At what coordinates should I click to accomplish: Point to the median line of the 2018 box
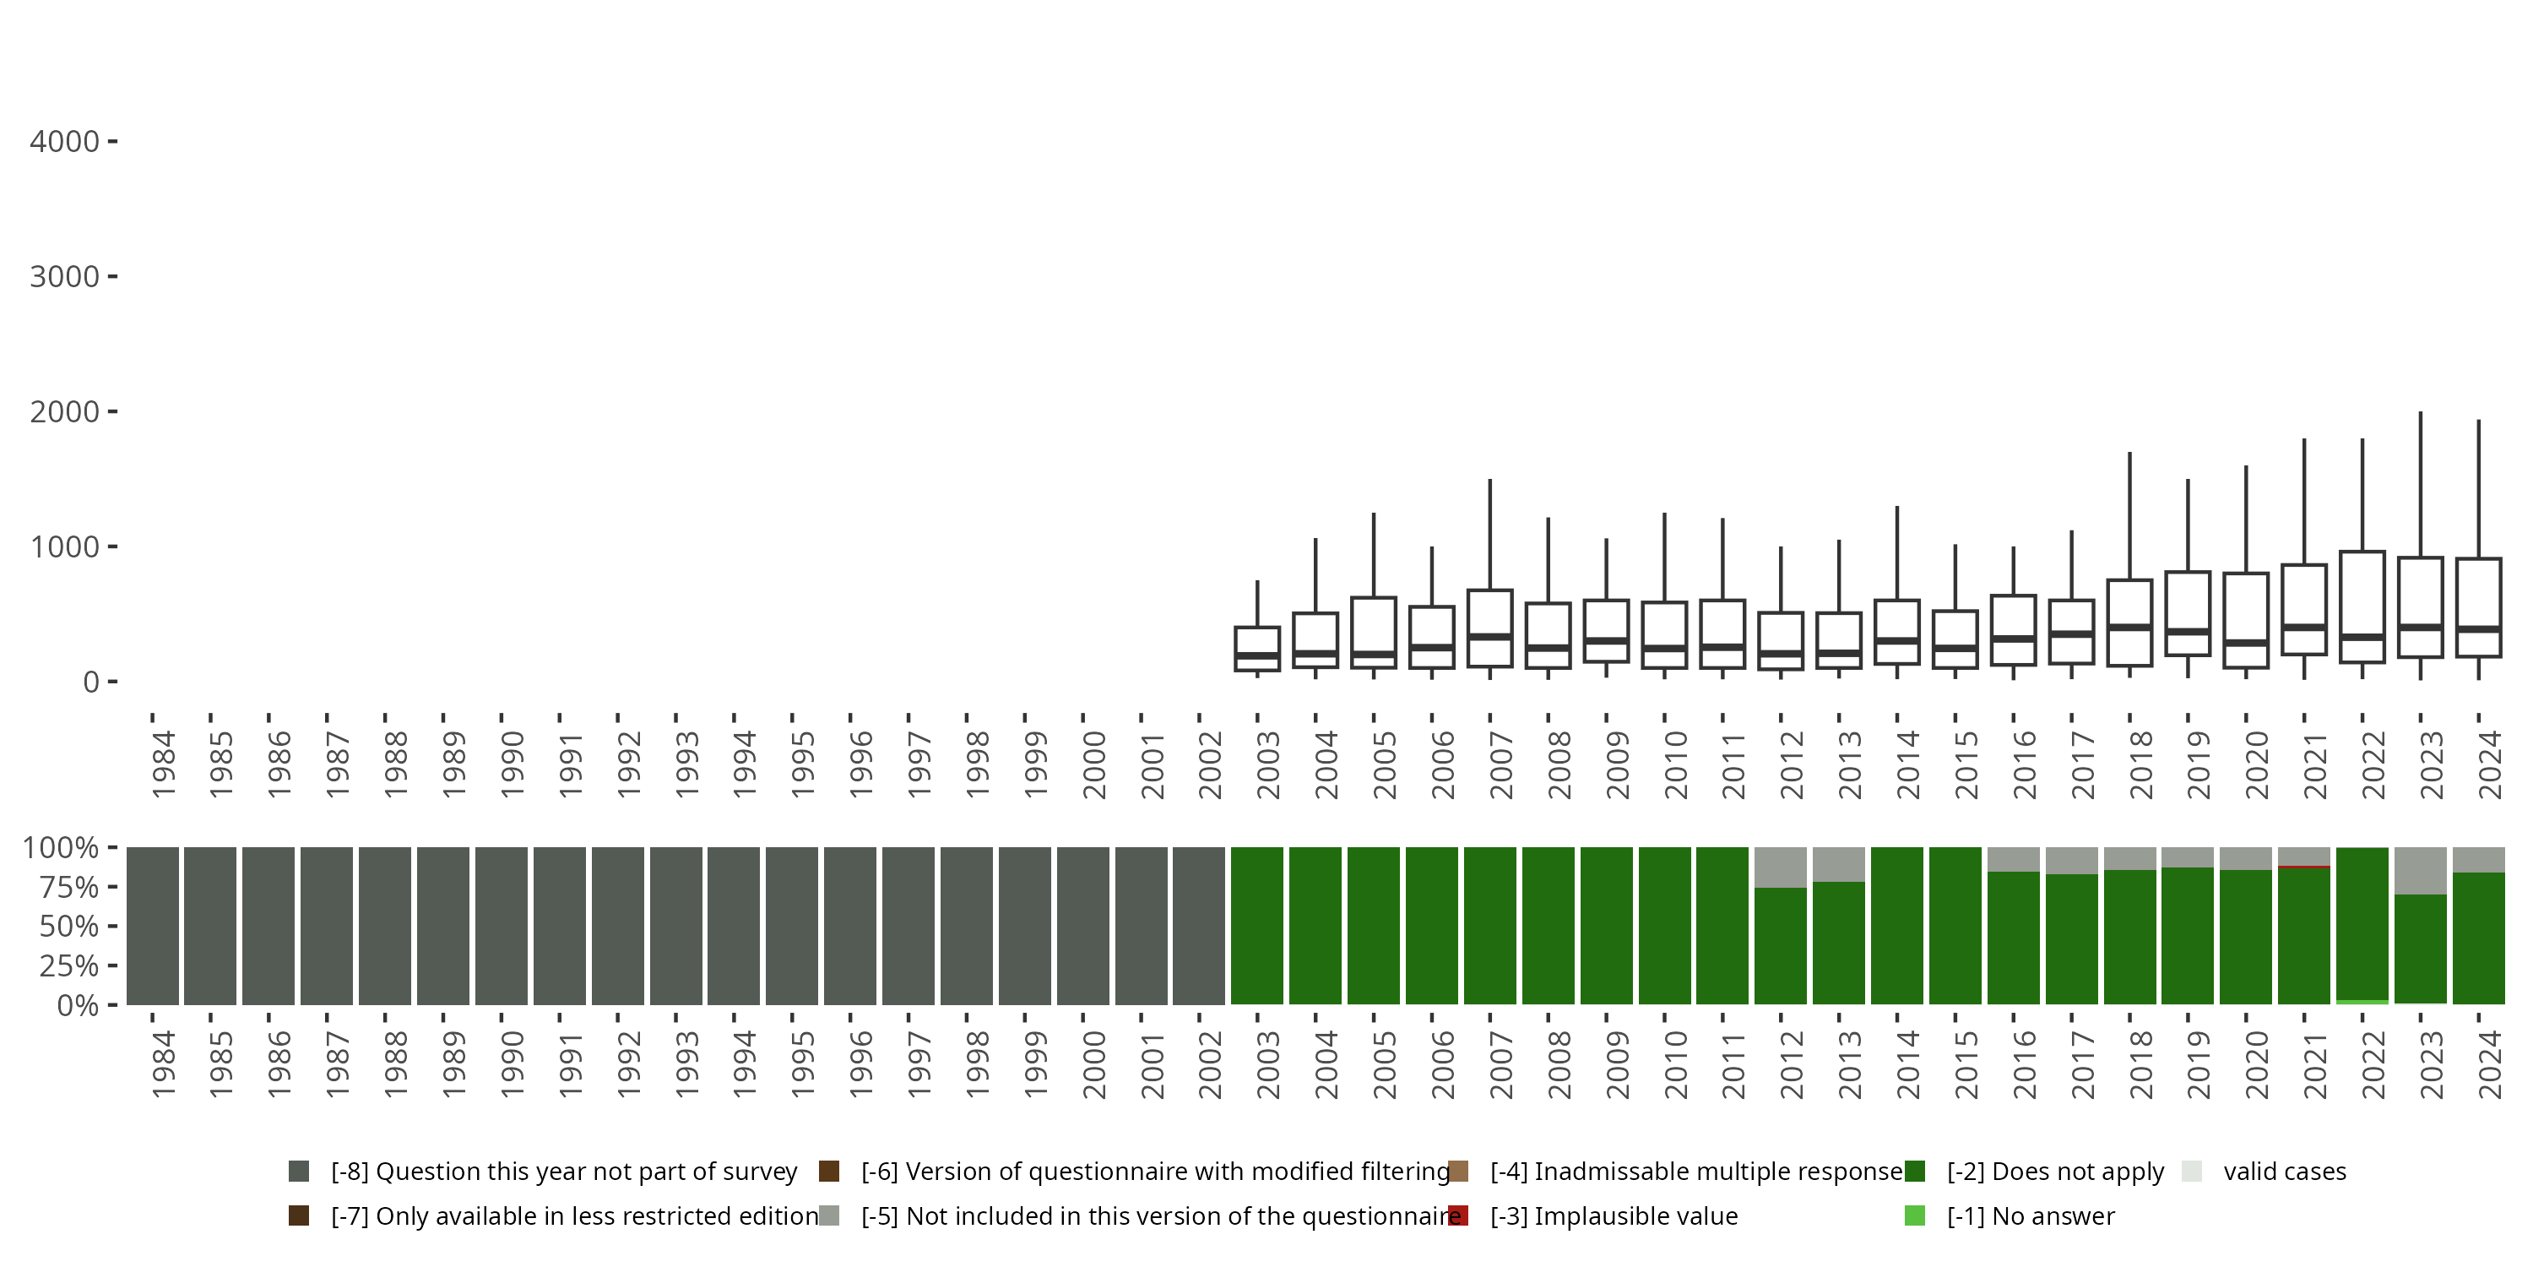click(2130, 627)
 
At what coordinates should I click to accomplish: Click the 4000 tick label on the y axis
click(64, 142)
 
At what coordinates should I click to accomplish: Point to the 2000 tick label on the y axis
click(64, 411)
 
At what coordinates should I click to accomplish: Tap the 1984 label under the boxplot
click(163, 764)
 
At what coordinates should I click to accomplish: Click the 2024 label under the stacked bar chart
click(2490, 1064)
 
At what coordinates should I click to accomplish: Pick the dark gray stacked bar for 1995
click(792, 926)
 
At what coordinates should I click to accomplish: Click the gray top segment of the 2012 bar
click(1780, 867)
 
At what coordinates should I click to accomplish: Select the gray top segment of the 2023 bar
click(2420, 871)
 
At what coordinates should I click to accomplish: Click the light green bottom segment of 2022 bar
click(2362, 1002)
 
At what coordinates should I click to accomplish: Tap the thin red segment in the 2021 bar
click(2304, 867)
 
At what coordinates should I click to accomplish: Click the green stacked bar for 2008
click(1548, 926)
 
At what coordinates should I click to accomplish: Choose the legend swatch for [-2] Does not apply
click(1914, 1171)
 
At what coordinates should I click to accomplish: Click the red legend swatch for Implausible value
click(1458, 1215)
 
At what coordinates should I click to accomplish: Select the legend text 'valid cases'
click(2284, 1171)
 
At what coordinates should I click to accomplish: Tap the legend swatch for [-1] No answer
click(1914, 1215)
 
